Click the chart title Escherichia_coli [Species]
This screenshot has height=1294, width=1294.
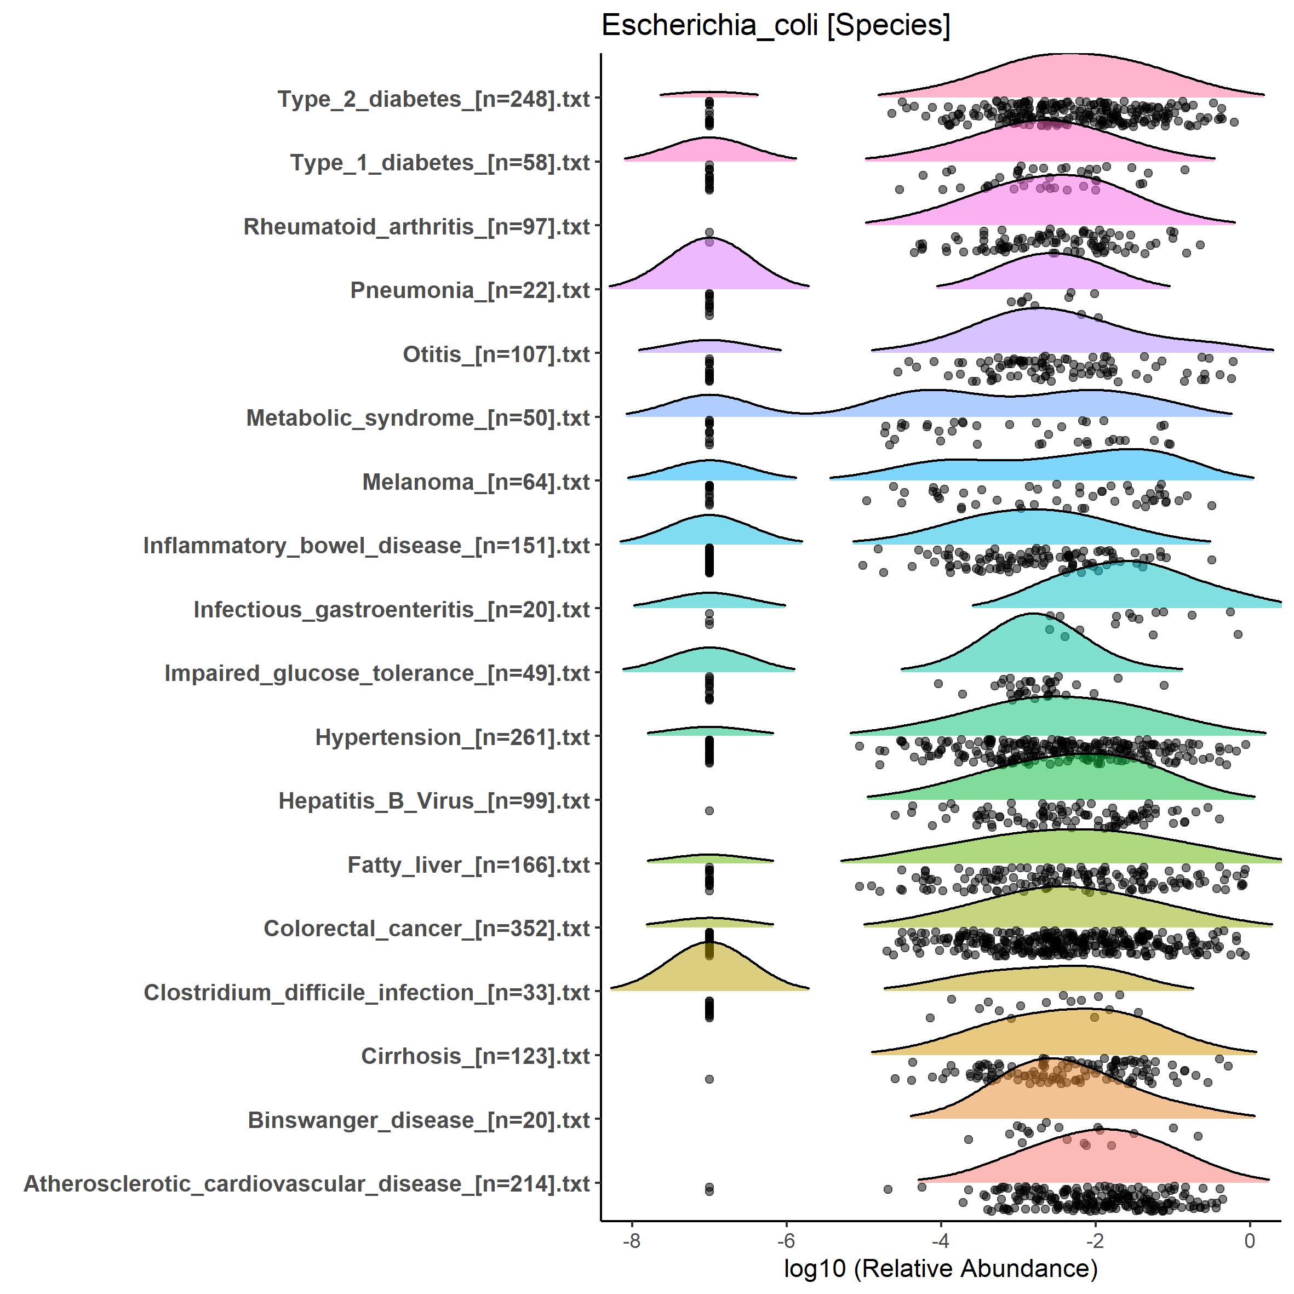775,26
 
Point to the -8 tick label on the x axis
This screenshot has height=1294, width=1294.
631,1240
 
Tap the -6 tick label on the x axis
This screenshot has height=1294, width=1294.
786,1240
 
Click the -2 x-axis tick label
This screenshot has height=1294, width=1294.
1095,1240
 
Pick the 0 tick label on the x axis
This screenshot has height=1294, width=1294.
1249,1240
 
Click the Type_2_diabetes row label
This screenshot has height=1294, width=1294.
433,99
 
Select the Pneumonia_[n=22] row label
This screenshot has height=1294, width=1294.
469,291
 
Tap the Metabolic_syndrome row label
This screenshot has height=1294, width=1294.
418,418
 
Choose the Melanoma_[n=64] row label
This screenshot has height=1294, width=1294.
476,482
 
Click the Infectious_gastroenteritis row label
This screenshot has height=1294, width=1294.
391,610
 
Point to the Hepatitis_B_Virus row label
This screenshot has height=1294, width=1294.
434,801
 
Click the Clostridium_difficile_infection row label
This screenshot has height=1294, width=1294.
367,993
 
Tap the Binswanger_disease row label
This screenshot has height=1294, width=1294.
419,1120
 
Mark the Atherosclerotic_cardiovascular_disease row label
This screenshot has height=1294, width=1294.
307,1184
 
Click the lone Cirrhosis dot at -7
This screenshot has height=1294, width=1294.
709,1079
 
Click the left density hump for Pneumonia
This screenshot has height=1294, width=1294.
709,268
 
